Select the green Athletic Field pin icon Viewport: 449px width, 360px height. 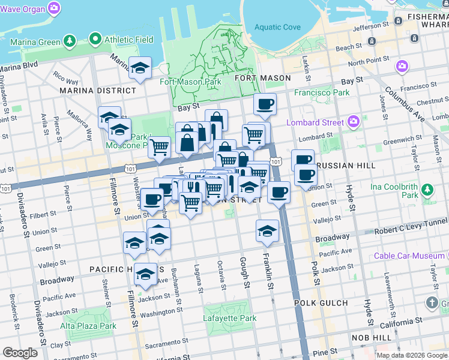pos(95,40)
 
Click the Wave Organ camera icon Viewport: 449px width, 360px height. pos(55,8)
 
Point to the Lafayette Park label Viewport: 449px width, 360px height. pos(230,319)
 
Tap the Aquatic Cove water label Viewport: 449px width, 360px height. pos(277,27)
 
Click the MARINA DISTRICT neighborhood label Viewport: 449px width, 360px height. pos(98,91)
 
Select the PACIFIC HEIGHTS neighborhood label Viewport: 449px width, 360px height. pos(119,269)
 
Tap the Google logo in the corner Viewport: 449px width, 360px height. pos(20,352)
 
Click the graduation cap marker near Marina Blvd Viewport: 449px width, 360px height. pos(140,68)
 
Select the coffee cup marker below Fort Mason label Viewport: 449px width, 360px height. pos(265,105)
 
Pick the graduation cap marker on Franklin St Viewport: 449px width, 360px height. pos(267,230)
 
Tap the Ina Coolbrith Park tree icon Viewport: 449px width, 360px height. pos(427,190)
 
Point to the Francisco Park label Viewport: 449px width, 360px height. pos(321,93)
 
